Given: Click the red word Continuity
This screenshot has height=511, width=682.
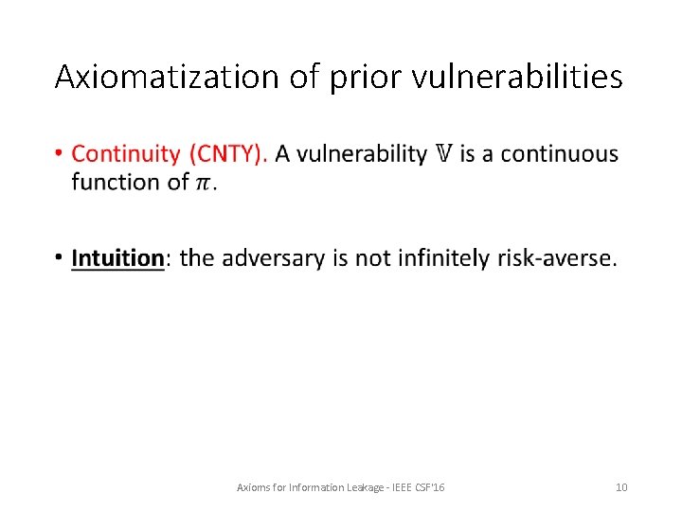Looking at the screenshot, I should pos(126,153).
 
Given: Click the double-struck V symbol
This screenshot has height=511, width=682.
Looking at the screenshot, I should pos(443,153).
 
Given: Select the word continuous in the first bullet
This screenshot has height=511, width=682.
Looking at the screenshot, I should pos(560,153).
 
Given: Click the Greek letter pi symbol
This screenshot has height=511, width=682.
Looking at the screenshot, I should pos(203,182).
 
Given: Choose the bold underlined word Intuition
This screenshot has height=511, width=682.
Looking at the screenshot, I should pos(117,257).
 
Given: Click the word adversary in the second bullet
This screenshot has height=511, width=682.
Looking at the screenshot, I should pos(276,257).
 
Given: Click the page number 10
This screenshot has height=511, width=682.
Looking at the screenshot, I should pos(621,486).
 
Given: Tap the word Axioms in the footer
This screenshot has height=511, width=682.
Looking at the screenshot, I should pos(252,486).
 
